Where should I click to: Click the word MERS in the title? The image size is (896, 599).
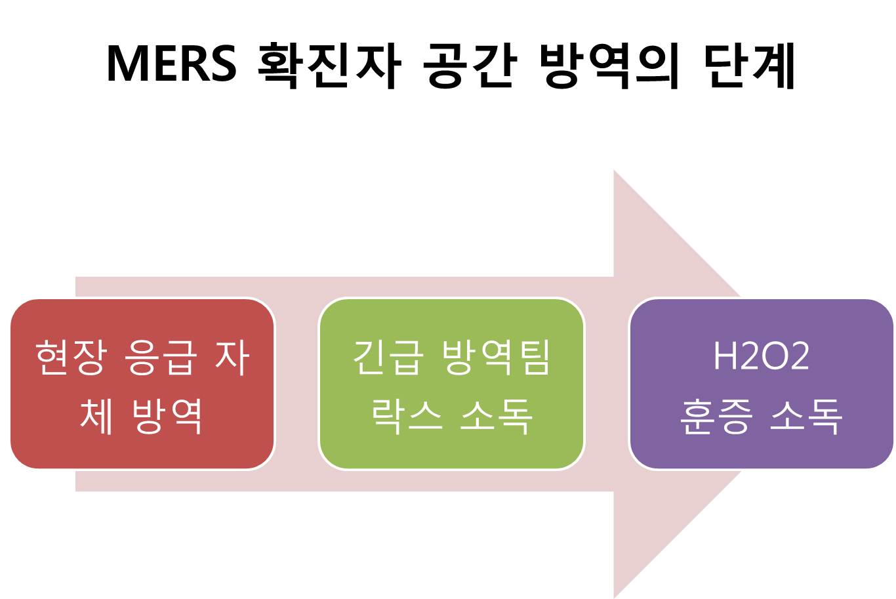[172, 64]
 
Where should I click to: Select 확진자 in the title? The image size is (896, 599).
[329, 65]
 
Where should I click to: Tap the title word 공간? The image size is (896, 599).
[470, 65]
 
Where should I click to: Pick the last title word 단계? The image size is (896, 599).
[749, 65]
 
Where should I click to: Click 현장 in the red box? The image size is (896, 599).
[71, 358]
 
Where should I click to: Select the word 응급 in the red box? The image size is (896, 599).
[161, 358]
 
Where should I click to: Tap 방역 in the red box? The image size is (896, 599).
[167, 416]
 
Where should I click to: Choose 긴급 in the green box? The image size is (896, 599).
[388, 358]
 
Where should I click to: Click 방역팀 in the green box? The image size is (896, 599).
[496, 358]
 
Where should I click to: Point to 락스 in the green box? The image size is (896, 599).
[407, 416]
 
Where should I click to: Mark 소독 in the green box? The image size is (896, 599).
[497, 416]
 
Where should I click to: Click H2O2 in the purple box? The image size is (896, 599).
[761, 356]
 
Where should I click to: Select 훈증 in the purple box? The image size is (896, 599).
[716, 416]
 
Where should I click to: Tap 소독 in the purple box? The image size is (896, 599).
[806, 416]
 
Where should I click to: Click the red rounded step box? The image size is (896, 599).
[142, 384]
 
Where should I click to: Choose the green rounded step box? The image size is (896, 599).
[451, 384]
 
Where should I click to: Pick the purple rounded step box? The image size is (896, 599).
[761, 384]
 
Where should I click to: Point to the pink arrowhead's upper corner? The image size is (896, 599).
[614, 170]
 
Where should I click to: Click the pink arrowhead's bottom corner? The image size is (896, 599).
[614, 598]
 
